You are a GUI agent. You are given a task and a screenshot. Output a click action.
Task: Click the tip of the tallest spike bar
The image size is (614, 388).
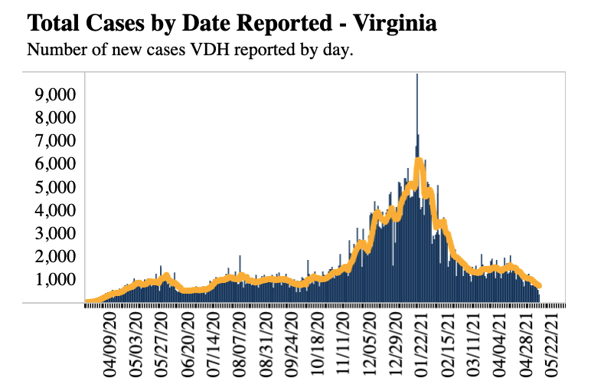[x=416, y=75]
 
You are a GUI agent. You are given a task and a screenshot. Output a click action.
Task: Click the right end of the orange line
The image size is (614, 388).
[x=540, y=286]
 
